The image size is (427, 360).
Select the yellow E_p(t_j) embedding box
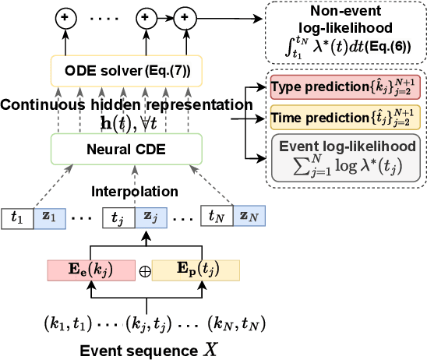point(196,270)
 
